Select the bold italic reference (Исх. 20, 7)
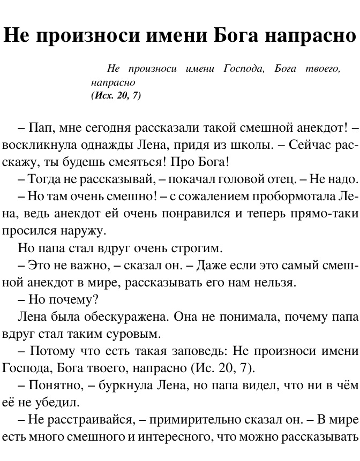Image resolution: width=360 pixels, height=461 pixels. point(116,96)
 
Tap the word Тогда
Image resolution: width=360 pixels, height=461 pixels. point(42,179)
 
